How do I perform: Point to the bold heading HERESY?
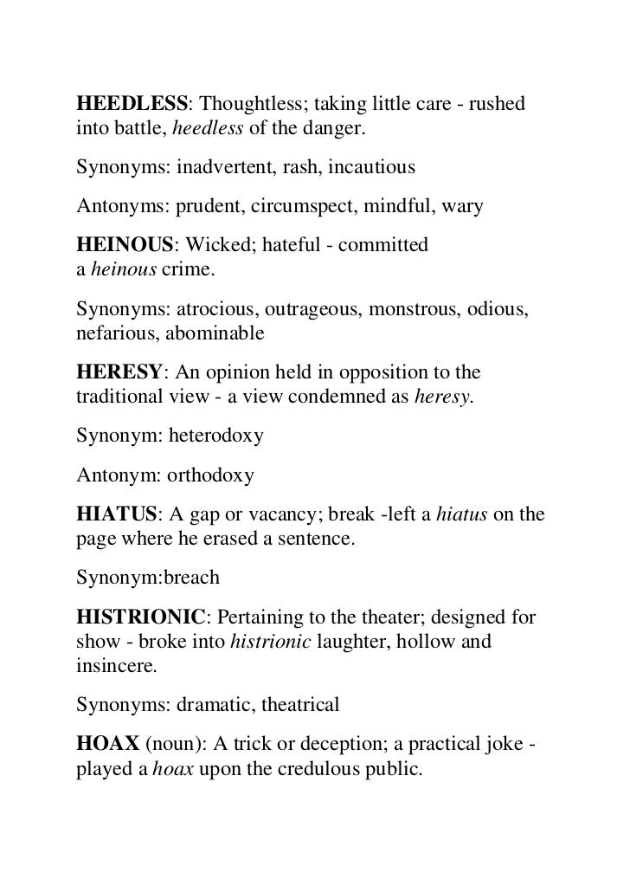119,372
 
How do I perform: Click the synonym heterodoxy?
221,436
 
